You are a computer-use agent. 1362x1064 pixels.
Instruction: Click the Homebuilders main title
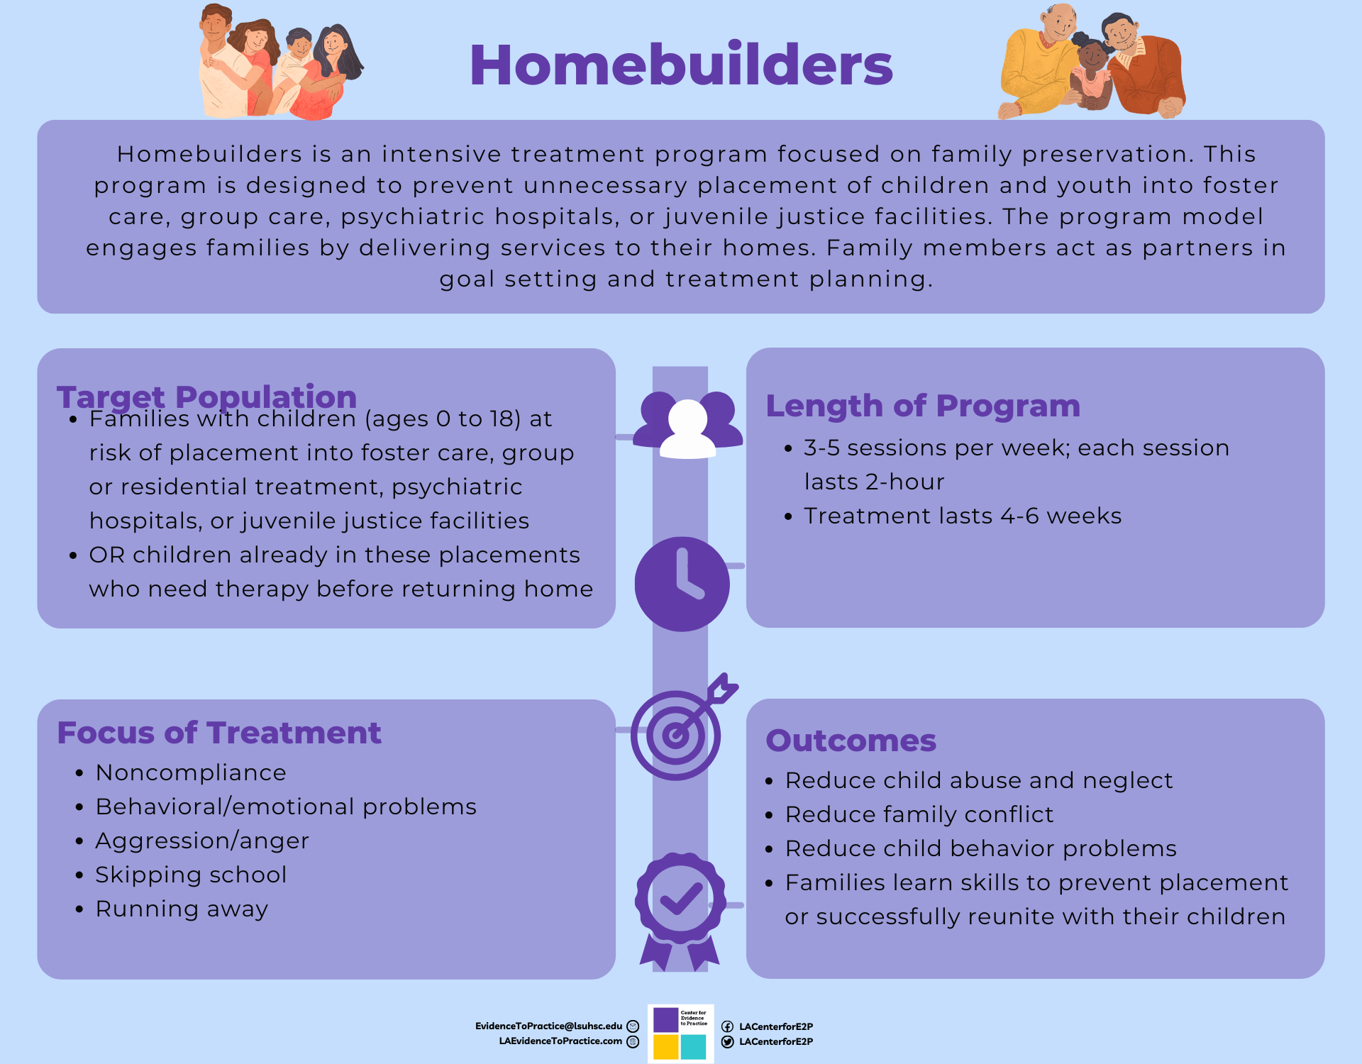(681, 65)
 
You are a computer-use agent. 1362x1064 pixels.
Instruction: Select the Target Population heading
(206, 397)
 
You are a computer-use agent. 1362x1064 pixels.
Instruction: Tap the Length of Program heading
(923, 406)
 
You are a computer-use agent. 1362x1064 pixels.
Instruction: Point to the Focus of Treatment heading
(219, 733)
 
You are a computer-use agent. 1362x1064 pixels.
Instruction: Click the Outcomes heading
(851, 741)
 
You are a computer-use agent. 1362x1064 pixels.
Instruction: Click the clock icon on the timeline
(682, 584)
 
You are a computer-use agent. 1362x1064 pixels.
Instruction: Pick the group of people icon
(687, 425)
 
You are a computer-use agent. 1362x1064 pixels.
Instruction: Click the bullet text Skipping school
(191, 875)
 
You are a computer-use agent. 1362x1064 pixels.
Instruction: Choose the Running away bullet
(182, 909)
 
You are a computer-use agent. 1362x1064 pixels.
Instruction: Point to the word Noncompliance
(191, 772)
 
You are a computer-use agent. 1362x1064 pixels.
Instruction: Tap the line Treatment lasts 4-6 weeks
(963, 516)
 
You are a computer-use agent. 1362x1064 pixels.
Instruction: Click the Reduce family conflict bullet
(919, 814)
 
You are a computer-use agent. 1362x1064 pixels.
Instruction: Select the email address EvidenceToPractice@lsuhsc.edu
(548, 1026)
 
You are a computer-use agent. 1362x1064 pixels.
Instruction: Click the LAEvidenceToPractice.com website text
(560, 1041)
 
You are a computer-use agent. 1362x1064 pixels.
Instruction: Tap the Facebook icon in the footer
(727, 1026)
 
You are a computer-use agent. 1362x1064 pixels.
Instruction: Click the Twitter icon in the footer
(727, 1041)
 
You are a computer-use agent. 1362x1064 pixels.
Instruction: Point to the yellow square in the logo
(665, 1047)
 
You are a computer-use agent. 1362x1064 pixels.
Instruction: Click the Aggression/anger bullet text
(202, 841)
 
